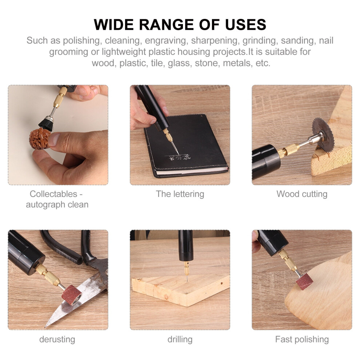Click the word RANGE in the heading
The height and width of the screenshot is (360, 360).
pos(166,25)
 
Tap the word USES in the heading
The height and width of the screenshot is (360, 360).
pos(246,25)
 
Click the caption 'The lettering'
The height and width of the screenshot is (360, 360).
pos(180,194)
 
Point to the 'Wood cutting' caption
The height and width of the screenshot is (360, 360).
pos(302,194)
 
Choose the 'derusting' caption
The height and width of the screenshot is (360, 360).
pos(57,339)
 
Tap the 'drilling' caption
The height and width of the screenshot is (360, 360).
pos(180,339)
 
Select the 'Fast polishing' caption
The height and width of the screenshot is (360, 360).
pos(302,339)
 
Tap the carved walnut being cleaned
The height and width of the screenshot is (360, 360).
pos(40,139)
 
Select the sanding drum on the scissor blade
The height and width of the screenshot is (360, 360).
pos(71,295)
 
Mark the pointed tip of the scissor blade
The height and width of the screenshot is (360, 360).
pos(45,327)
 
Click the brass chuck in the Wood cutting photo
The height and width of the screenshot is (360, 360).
pos(288,149)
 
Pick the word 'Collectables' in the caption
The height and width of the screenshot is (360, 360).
pos(53,194)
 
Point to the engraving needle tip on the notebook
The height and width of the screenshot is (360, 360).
pos(178,154)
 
